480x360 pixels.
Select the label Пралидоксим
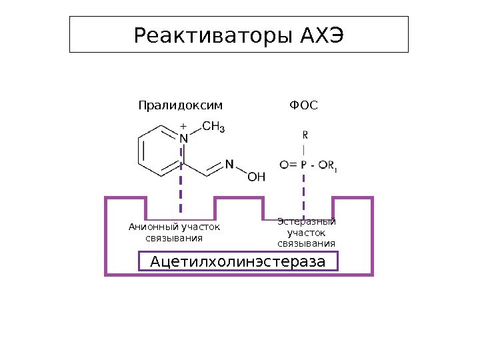180,105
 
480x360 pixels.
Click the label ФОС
303,105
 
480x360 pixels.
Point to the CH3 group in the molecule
213,126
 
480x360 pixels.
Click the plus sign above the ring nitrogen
183,125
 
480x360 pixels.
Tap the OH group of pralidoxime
257,177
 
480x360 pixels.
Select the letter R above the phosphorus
305,134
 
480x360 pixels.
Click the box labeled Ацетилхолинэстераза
238,261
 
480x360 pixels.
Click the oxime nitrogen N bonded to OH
229,163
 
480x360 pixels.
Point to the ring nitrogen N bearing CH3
184,138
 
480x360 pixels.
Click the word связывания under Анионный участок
173,238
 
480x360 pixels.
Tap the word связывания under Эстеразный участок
306,243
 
